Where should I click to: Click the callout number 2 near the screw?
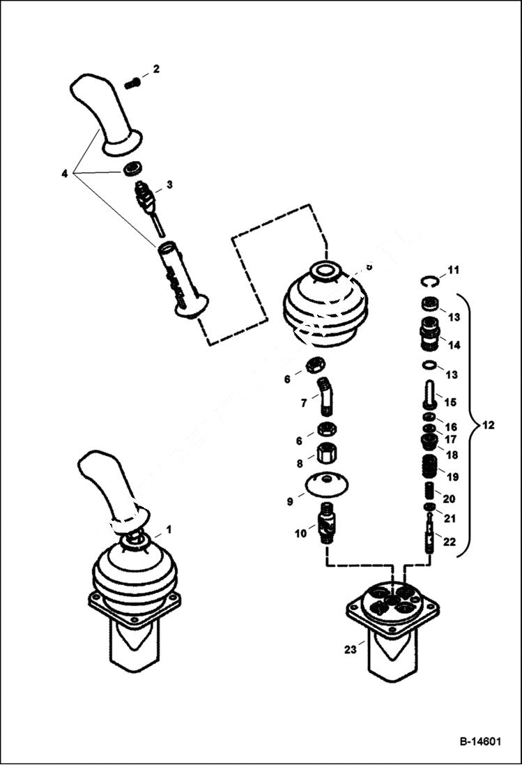tap(156, 69)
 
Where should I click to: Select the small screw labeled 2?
tap(132, 84)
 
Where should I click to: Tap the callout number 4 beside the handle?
tap(65, 173)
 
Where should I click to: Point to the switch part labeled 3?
tap(145, 195)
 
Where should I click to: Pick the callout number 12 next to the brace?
tap(489, 425)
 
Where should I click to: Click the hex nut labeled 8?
tap(325, 454)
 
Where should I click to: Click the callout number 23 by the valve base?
tap(351, 649)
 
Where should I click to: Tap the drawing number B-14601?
tap(480, 742)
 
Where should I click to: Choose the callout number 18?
tap(452, 455)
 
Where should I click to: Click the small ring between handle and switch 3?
tap(132, 169)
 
